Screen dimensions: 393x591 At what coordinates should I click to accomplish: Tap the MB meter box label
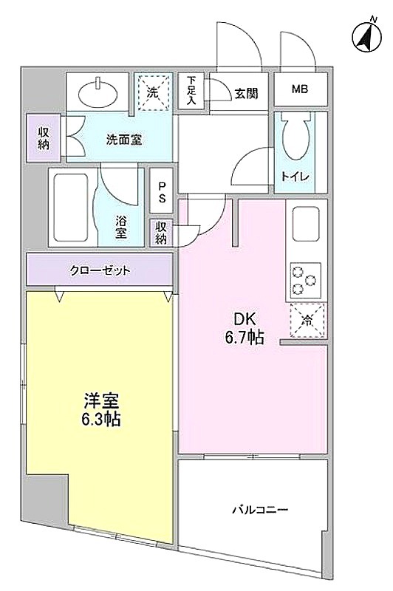(300, 89)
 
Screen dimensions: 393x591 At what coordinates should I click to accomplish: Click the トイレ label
(295, 176)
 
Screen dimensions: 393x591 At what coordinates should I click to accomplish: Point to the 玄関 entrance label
(247, 94)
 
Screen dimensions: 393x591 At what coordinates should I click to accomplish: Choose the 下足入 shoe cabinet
(191, 91)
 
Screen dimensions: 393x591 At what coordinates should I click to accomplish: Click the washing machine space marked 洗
(153, 92)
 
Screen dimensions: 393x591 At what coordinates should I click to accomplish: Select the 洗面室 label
(123, 140)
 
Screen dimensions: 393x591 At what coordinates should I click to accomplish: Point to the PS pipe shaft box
(162, 191)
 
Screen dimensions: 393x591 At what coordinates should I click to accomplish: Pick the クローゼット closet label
(100, 270)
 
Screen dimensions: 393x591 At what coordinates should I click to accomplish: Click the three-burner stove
(305, 281)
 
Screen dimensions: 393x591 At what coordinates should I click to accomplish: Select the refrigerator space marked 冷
(307, 321)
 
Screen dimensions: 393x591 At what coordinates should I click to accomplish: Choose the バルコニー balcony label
(259, 510)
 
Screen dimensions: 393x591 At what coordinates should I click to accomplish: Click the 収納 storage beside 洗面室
(44, 138)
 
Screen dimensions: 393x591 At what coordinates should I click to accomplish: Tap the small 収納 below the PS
(161, 233)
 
